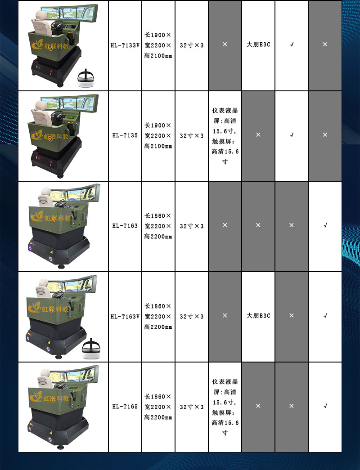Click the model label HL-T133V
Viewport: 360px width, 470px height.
coord(125,45)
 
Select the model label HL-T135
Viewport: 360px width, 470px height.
coord(125,135)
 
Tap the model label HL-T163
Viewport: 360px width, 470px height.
coord(125,226)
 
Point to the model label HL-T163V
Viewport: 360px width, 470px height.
coord(125,316)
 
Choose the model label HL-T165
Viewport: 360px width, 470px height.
coord(125,407)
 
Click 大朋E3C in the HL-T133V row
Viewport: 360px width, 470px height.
coord(258,45)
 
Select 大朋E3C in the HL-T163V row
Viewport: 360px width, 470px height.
coord(258,316)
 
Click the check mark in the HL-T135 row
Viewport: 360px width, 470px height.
coord(292,135)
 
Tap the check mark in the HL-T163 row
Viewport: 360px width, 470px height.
coord(325,225)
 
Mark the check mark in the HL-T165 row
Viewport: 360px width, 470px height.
coord(325,406)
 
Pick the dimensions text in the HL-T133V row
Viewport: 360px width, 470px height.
coord(158,45)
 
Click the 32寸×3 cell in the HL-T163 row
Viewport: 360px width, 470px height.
coord(192,226)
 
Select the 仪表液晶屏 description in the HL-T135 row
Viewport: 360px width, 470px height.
coord(225,136)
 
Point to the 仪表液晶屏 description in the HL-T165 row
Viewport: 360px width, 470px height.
coord(225,407)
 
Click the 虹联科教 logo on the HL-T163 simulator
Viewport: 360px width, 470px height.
coord(50,217)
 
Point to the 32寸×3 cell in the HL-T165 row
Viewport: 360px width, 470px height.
coord(192,407)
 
